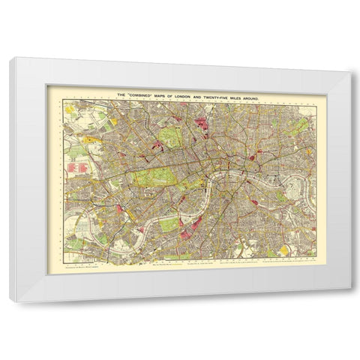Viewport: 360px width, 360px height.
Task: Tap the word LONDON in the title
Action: tap(191, 94)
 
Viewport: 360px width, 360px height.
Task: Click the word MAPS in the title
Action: tap(168, 94)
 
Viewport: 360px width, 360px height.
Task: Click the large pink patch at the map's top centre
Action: tap(200, 119)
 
